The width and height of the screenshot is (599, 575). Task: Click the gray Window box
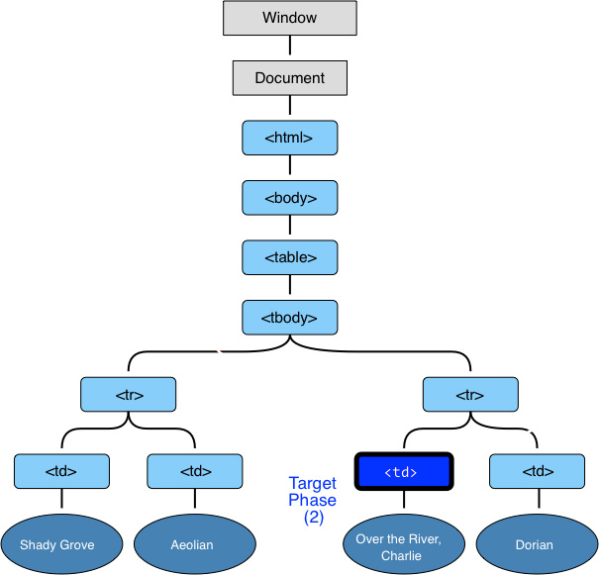coord(290,18)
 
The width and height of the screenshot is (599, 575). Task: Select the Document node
coord(290,77)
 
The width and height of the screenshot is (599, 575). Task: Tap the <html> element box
coord(290,138)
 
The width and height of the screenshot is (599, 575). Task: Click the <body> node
coord(290,198)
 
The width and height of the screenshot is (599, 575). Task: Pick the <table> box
coord(290,257)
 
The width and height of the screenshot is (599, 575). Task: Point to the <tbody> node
coord(290,318)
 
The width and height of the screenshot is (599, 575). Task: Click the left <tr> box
coord(129,394)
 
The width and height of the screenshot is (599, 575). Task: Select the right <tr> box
coord(470,394)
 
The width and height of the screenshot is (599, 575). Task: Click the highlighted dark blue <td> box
coord(404,472)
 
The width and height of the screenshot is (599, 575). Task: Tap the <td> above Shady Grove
coord(61,471)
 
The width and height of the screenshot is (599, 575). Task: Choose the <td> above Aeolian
coord(195,471)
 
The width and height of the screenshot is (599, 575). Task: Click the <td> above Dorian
coord(537,471)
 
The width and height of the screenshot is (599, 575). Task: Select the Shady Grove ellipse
coord(61,543)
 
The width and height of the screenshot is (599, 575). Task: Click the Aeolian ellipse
coord(195,543)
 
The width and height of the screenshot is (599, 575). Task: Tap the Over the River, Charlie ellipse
coord(403,543)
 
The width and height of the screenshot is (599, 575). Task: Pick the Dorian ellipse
coord(536,543)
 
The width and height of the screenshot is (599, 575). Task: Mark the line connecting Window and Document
coord(290,48)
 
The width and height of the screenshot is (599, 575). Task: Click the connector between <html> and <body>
coord(290,168)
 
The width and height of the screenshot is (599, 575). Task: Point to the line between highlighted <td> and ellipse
coord(404,501)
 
